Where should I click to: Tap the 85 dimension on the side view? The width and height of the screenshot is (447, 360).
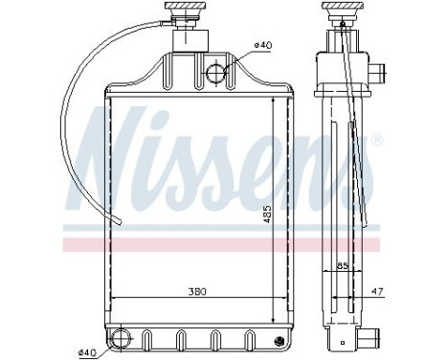click(x=342, y=267)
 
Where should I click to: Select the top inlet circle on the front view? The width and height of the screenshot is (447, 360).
click(x=216, y=70)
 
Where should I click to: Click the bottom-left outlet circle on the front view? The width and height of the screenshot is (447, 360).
click(x=121, y=338)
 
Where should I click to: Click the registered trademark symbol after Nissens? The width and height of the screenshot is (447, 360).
click(x=376, y=140)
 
